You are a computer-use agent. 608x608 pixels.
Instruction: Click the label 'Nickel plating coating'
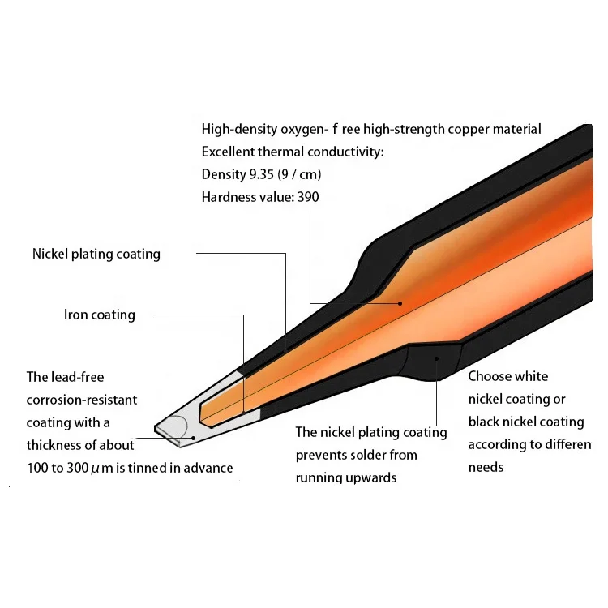coord(96,254)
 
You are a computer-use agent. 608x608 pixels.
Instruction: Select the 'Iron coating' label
coord(100,314)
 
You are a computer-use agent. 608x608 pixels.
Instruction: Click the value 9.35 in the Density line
coord(261,173)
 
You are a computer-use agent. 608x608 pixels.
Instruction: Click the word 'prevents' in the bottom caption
coord(322,455)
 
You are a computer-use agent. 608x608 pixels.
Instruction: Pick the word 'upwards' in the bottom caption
coord(370,477)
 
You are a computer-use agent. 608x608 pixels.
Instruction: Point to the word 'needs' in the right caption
coord(486,467)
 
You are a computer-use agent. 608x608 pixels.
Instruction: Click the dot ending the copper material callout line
coord(399,303)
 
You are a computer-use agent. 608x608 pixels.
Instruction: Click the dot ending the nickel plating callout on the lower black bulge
coord(437,357)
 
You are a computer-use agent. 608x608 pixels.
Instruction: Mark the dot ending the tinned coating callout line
coord(194,438)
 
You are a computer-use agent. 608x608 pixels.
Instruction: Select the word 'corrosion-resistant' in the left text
coord(82,399)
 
